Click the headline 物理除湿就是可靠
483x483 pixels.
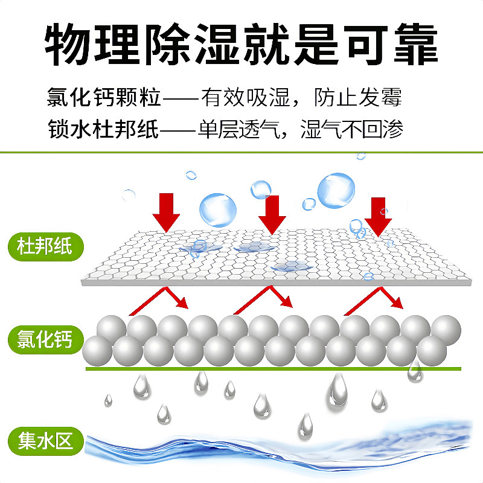tap(241, 43)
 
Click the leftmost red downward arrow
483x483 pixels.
tap(166, 212)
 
